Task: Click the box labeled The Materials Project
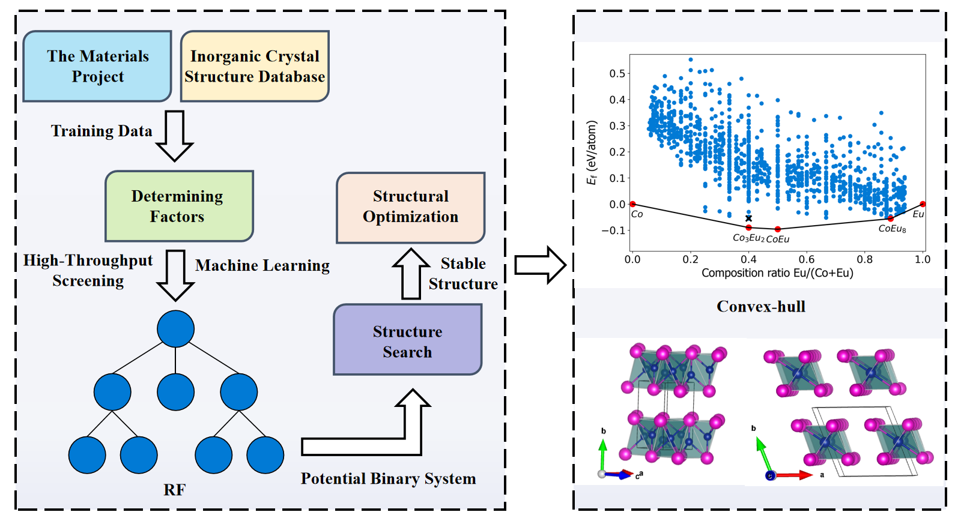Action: point(97,66)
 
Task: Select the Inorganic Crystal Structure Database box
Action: point(255,66)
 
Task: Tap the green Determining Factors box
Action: point(179,206)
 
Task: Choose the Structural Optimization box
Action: point(410,207)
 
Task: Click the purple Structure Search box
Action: point(407,340)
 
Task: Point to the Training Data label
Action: point(102,131)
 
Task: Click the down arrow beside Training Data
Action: point(175,136)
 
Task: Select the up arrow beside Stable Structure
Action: point(411,274)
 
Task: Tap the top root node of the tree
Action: point(175,329)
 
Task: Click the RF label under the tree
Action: point(174,490)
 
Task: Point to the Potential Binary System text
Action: point(388,478)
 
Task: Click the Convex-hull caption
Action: point(760,307)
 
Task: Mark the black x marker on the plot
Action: point(748,218)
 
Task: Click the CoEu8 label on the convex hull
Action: point(892,229)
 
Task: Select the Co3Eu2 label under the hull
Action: point(748,238)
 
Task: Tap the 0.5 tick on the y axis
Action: point(617,73)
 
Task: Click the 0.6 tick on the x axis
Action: point(807,259)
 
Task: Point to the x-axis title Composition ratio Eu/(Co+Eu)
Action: point(777,273)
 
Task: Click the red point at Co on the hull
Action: point(632,204)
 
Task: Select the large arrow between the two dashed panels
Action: point(540,265)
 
